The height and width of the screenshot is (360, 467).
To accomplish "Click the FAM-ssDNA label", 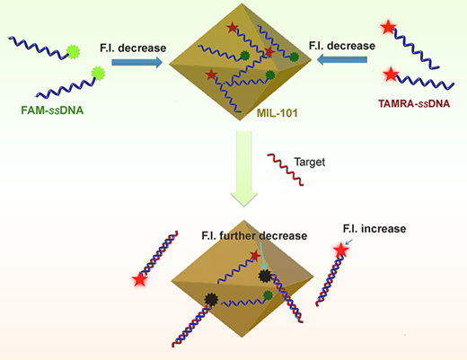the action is (52, 110).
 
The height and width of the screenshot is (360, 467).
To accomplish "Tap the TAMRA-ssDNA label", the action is (414, 103).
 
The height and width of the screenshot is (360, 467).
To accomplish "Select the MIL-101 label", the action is (278, 113).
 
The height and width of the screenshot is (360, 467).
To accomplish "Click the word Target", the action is (310, 162).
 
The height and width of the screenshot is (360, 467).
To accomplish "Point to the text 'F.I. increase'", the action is (374, 229).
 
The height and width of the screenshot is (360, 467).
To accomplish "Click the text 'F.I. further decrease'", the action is (254, 236).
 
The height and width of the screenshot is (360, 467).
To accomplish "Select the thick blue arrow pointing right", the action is (137, 62).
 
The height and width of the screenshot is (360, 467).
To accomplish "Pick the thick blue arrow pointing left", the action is (342, 59).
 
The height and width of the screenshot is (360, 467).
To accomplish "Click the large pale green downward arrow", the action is (244, 169).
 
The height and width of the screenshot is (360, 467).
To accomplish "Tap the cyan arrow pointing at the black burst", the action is (262, 255).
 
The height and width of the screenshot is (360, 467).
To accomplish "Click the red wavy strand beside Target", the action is (286, 170).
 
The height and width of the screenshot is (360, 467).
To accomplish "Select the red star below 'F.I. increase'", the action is (341, 250).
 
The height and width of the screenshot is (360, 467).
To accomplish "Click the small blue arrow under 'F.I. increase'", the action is (349, 241).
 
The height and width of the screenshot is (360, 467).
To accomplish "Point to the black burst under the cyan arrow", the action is (265, 276).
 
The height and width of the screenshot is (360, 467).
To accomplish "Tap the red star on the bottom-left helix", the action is (140, 280).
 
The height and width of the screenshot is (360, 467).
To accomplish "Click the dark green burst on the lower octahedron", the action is (268, 295).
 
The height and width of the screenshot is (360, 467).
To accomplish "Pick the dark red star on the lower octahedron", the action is (255, 256).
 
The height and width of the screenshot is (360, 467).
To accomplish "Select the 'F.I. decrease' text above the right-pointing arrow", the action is (133, 48).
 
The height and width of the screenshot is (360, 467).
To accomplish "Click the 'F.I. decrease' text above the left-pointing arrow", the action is (342, 46).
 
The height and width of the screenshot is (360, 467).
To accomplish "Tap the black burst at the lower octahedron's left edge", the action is (211, 299).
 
